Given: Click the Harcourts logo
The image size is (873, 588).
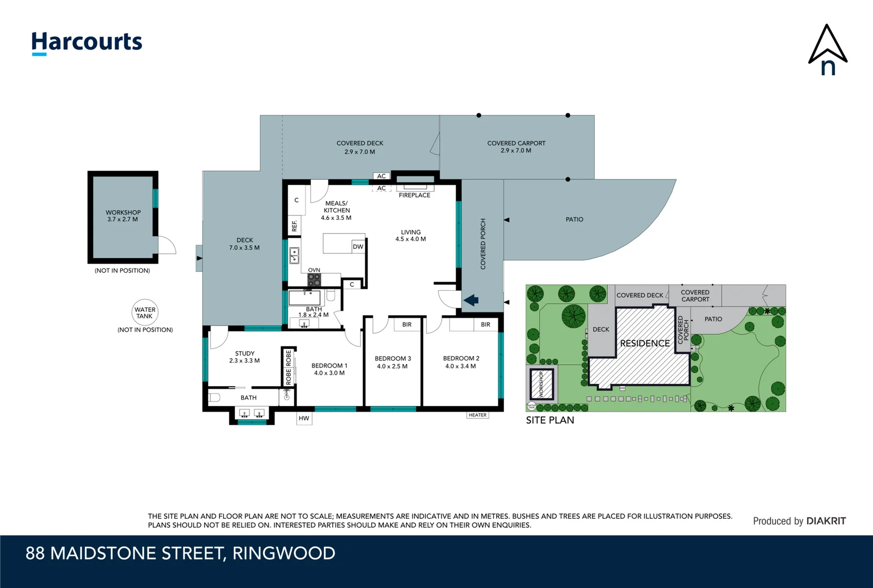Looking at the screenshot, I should pos(87,42).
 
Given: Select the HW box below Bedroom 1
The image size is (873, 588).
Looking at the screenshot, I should pos(304,418).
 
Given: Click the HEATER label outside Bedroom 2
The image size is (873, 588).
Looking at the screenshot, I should pos(478,415).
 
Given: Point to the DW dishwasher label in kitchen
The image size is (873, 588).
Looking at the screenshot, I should pos(358,247).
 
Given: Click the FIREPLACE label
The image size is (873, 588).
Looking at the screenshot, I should pos(414,195).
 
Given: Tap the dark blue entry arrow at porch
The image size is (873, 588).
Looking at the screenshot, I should pos(471,300).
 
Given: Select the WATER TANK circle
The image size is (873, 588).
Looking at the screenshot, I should pos(145,313).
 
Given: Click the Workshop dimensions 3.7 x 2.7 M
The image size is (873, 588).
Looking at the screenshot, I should pos(123,219).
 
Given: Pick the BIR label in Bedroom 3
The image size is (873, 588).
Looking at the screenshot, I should pos(407,324).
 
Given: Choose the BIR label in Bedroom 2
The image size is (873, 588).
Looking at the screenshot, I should pos(485,324).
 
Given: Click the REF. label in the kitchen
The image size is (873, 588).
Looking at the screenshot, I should pos(294,225).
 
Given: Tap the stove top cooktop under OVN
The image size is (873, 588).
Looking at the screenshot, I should pos(314,280).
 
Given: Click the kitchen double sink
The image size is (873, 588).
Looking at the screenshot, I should pos(294,255).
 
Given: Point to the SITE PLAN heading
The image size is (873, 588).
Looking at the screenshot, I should pos(550,420).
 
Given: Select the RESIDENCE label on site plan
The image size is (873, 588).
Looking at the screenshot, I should pos(645,344).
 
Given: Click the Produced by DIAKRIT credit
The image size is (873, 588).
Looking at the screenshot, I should pos(799,521).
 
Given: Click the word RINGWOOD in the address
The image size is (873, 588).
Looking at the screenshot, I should pos(284,553).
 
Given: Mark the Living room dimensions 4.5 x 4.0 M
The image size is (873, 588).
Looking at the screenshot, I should pos(411,239).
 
